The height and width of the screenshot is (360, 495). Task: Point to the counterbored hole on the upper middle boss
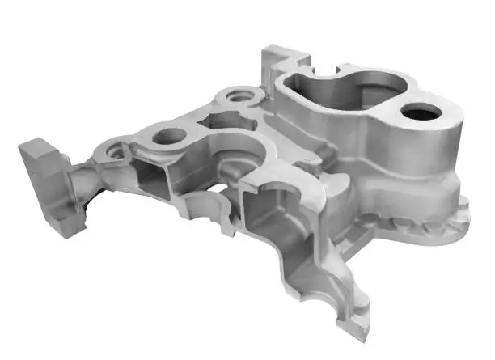(240, 96)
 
